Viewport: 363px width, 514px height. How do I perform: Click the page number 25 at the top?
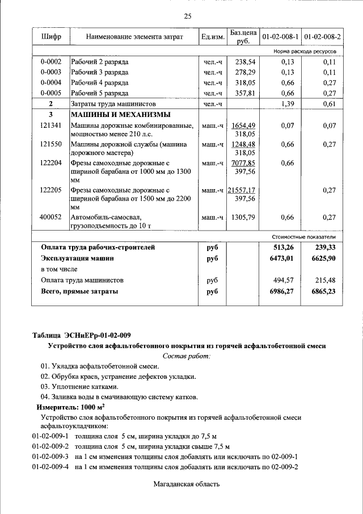(187, 16)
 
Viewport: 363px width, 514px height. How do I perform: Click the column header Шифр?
(51, 37)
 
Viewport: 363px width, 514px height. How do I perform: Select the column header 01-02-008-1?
(280, 37)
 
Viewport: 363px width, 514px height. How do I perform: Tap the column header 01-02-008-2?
(322, 37)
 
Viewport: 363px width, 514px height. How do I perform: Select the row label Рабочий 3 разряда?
(99, 72)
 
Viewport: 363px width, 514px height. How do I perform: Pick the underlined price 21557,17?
(242, 190)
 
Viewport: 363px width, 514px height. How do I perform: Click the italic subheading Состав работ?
(186, 356)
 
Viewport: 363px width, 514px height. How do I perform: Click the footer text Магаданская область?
(186, 484)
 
